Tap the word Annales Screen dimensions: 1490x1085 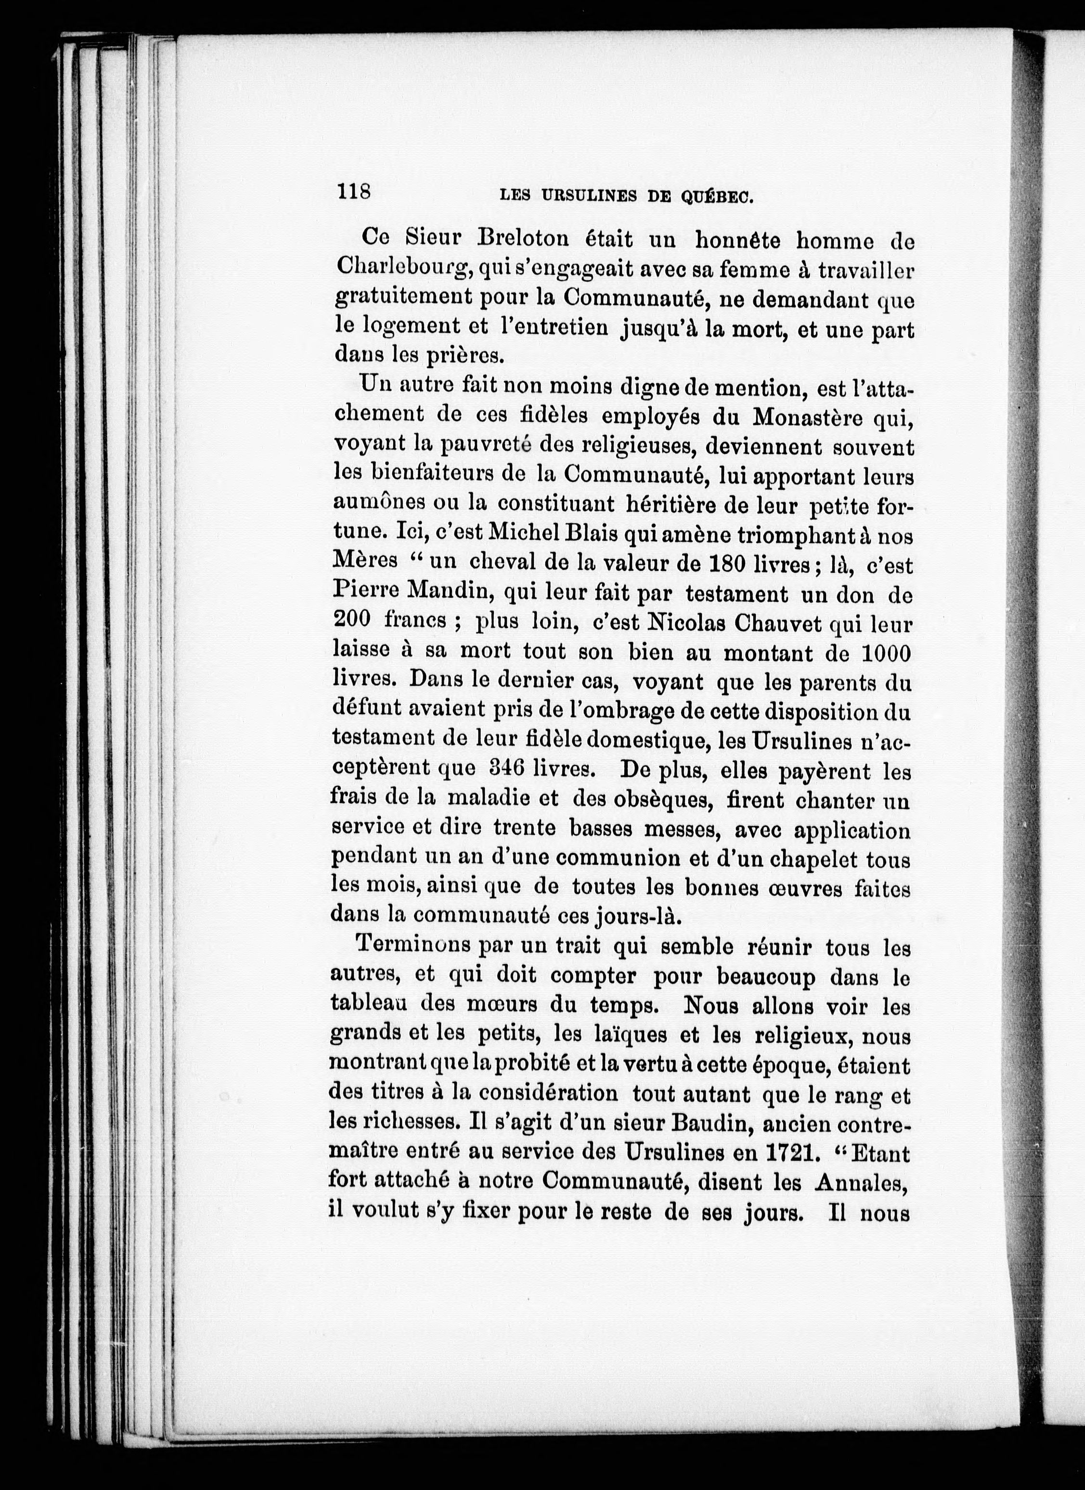[861, 1182]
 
